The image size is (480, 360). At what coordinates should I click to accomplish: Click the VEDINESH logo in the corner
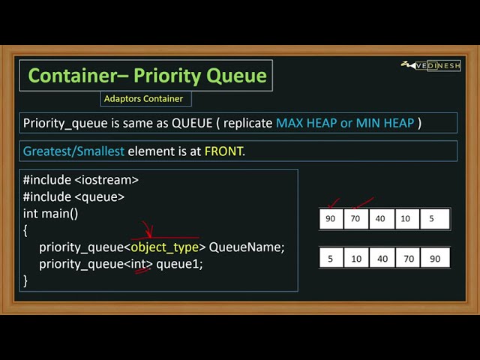pyautogui.click(x=433, y=66)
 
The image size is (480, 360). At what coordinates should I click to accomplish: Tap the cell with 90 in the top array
pyautogui.click(x=331, y=219)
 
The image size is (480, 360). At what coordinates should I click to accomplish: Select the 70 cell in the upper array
pyautogui.click(x=356, y=219)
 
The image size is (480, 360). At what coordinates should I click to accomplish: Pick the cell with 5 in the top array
pyautogui.click(x=431, y=219)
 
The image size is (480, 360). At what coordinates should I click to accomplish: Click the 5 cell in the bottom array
pyautogui.click(x=331, y=258)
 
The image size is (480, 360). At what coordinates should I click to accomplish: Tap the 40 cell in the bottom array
pyautogui.click(x=382, y=258)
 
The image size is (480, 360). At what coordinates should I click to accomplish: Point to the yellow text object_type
pyautogui.click(x=165, y=247)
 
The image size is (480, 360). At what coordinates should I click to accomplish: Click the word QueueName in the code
pyautogui.click(x=247, y=247)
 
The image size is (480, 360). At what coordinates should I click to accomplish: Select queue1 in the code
pyautogui.click(x=179, y=264)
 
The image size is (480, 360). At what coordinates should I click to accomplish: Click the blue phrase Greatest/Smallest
pyautogui.click(x=73, y=151)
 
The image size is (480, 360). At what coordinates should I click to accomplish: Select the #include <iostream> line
pyautogui.click(x=81, y=180)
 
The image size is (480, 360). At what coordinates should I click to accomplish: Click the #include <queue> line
pyautogui.click(x=73, y=196)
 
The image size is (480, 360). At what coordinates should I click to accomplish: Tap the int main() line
pyautogui.click(x=50, y=213)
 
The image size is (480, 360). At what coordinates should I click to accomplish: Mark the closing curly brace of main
pyautogui.click(x=25, y=280)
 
